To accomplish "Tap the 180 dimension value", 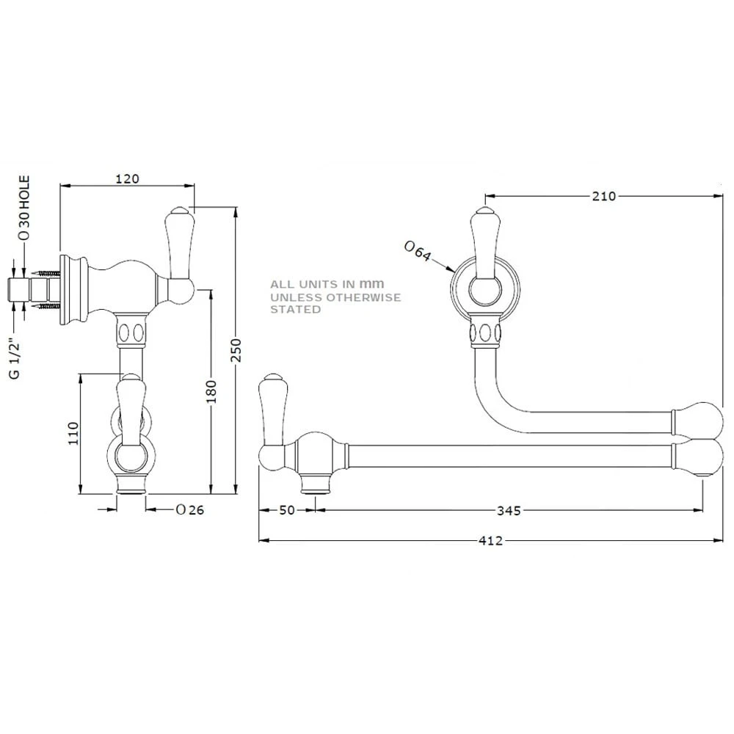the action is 211,389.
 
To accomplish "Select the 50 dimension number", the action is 287,510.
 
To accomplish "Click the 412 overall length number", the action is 490,541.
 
